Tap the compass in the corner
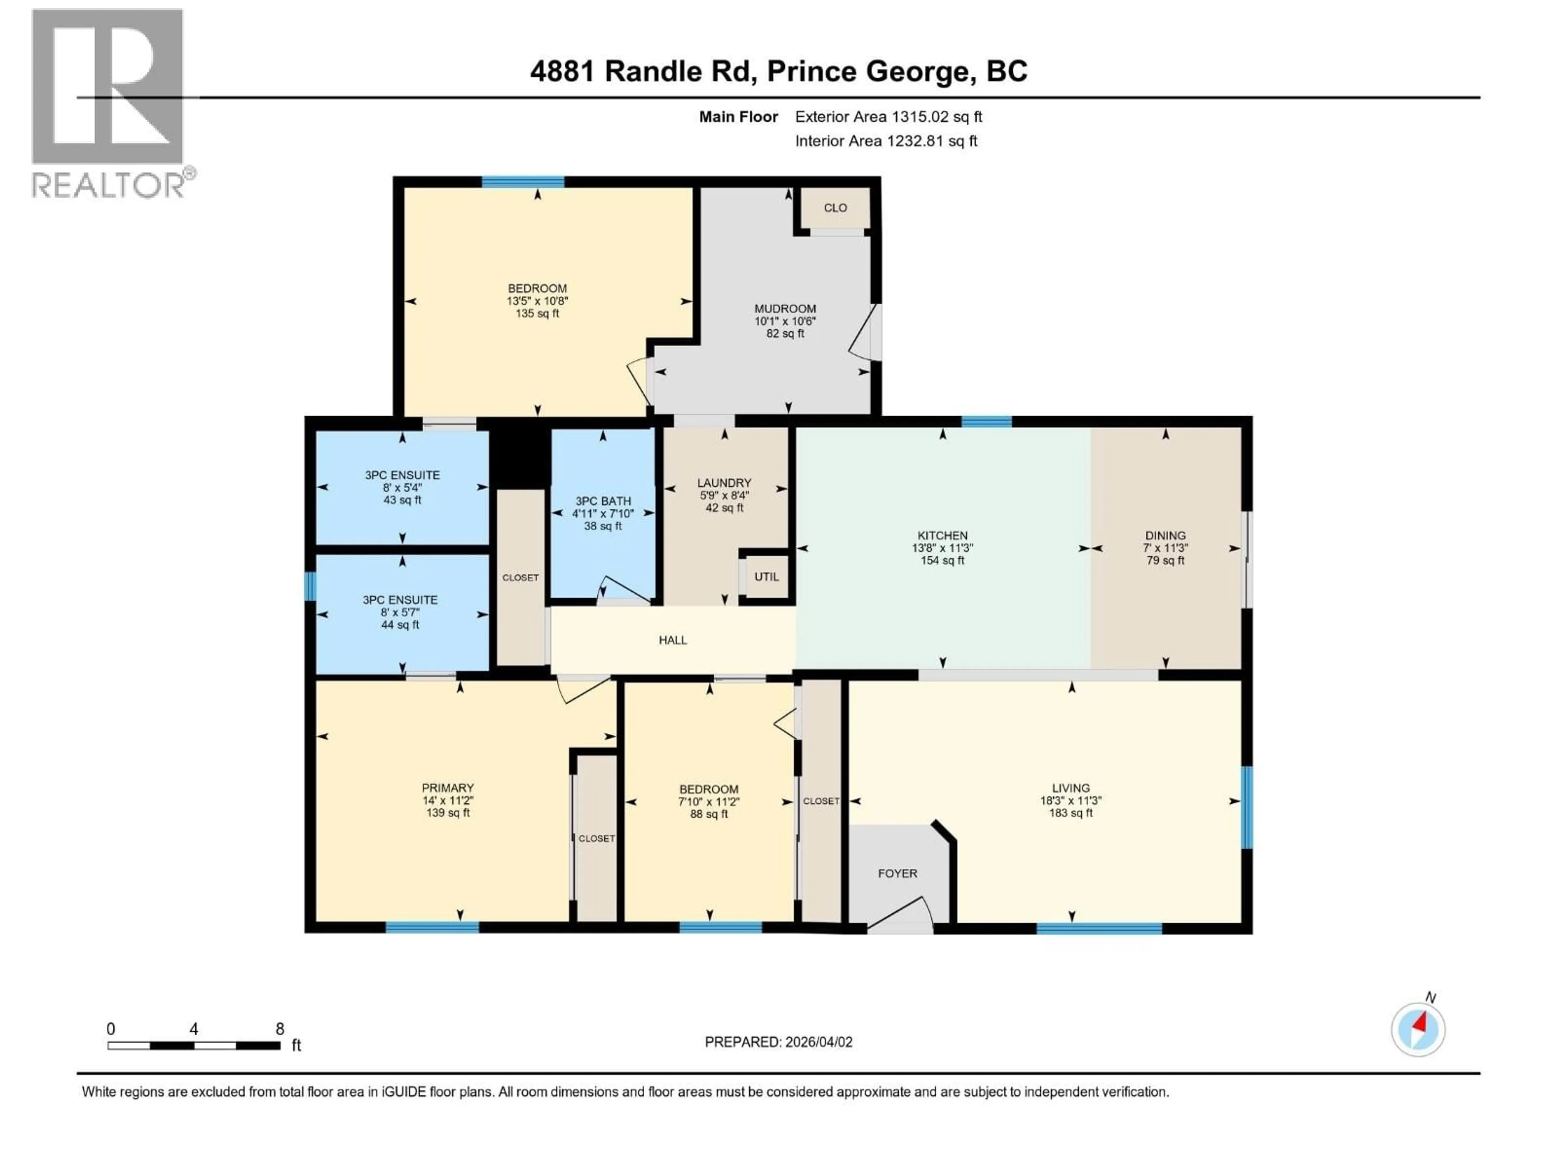(x=1418, y=1029)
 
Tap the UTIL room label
(x=766, y=577)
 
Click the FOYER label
(x=897, y=873)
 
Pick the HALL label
(x=673, y=640)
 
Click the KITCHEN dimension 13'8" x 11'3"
(x=943, y=548)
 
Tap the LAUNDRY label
(x=724, y=483)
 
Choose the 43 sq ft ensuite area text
(x=402, y=500)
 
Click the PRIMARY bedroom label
(x=448, y=788)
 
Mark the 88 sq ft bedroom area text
(x=708, y=814)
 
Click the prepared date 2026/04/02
(x=817, y=1042)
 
